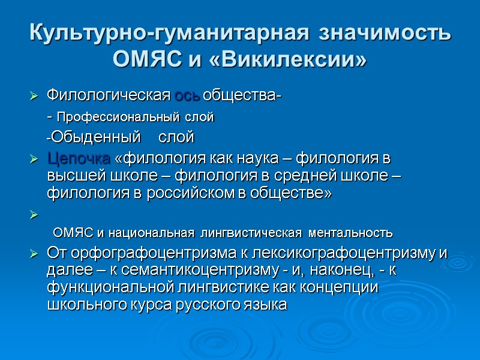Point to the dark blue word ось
point(188,96)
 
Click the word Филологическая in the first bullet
point(109,96)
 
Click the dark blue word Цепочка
point(78,160)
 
